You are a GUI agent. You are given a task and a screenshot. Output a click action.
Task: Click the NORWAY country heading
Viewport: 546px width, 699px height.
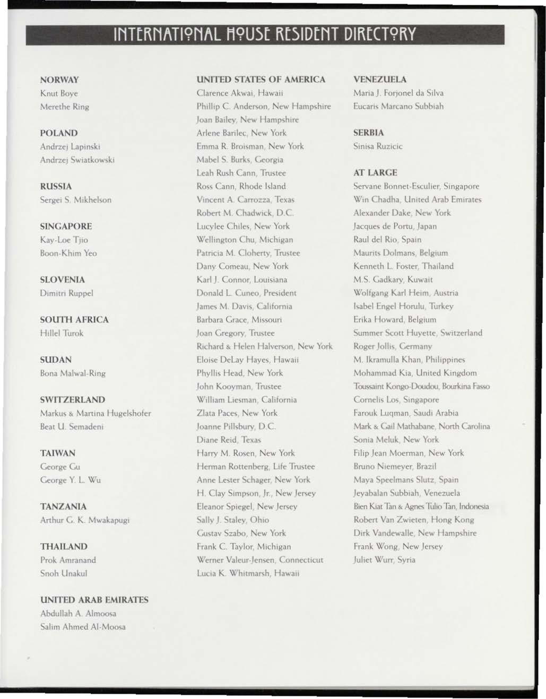pyautogui.click(x=59, y=80)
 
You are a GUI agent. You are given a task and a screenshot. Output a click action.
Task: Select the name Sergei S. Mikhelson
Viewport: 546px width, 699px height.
pyautogui.click(x=76, y=200)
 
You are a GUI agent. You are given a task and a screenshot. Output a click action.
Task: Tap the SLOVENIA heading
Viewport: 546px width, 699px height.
pyautogui.click(x=63, y=279)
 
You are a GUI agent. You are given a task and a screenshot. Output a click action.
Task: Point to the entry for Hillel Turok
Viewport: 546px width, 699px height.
pyautogui.click(x=62, y=333)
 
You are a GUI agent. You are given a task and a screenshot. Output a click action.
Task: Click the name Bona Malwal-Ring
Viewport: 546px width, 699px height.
pyautogui.click(x=73, y=373)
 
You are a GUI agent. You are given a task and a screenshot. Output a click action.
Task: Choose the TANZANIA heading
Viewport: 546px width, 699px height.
pyautogui.click(x=63, y=506)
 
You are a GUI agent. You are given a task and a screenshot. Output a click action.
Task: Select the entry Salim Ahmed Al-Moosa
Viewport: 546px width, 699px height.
pyautogui.click(x=83, y=626)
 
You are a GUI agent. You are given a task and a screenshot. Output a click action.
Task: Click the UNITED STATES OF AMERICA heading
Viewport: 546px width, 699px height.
pyautogui.click(x=261, y=80)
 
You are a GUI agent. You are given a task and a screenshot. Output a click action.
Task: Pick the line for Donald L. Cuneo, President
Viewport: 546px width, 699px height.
pyautogui.click(x=246, y=293)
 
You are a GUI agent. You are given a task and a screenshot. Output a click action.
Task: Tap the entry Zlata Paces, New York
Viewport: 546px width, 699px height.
pyautogui.click(x=237, y=413)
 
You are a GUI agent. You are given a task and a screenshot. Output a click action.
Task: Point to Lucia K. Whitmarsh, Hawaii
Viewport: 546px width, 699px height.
pyautogui.click(x=248, y=573)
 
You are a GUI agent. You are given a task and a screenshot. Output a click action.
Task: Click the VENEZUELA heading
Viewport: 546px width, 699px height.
pyautogui.click(x=380, y=80)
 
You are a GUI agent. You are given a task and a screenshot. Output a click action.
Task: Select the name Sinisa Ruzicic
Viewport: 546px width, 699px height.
pyautogui.click(x=378, y=146)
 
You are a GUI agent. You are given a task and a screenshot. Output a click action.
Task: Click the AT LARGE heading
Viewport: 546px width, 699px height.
pyautogui.click(x=375, y=172)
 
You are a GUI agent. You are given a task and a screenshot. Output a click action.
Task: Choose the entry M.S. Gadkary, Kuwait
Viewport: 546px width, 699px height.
pyautogui.click(x=393, y=279)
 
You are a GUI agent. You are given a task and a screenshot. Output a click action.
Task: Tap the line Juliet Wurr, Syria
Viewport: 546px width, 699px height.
pyautogui.click(x=384, y=560)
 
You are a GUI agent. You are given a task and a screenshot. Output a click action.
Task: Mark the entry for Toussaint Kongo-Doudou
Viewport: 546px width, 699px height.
pyautogui.click(x=421, y=386)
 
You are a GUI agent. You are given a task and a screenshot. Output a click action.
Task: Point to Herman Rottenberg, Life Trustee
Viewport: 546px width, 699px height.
pyautogui.click(x=256, y=466)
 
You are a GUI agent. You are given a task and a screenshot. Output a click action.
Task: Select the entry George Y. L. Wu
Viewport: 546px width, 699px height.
pyautogui.click(x=71, y=480)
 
